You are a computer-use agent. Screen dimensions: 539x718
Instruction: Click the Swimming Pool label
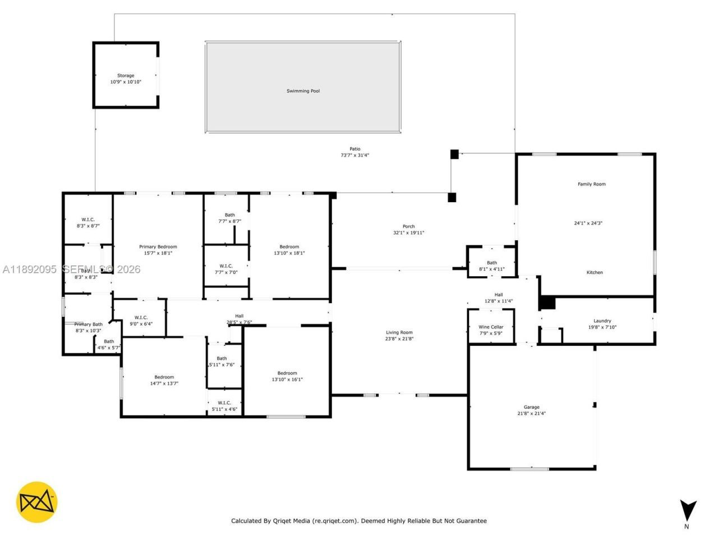pyautogui.click(x=303, y=91)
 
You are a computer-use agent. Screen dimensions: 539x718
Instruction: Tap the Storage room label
pyautogui.click(x=126, y=76)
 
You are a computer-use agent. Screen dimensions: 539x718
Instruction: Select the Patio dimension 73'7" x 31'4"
pyautogui.click(x=355, y=156)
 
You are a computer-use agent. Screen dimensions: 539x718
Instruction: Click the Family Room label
pyautogui.click(x=591, y=184)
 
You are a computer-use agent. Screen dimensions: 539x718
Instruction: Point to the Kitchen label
pyautogui.click(x=595, y=272)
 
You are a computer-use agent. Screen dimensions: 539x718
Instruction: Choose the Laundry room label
pyautogui.click(x=602, y=321)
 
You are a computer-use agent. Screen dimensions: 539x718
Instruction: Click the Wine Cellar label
pyautogui.click(x=491, y=327)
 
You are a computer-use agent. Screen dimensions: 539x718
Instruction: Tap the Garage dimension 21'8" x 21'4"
pyautogui.click(x=531, y=414)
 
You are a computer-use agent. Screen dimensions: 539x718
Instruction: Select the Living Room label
pyautogui.click(x=399, y=332)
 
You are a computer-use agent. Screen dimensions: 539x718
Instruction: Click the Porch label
pyautogui.click(x=408, y=226)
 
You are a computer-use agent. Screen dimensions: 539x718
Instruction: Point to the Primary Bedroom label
pyautogui.click(x=158, y=246)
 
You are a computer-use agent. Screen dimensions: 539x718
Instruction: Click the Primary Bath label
pyautogui.click(x=89, y=325)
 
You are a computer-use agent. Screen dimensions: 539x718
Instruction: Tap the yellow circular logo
pyautogui.click(x=36, y=502)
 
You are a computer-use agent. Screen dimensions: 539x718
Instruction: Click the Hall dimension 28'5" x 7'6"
pyautogui.click(x=239, y=322)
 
